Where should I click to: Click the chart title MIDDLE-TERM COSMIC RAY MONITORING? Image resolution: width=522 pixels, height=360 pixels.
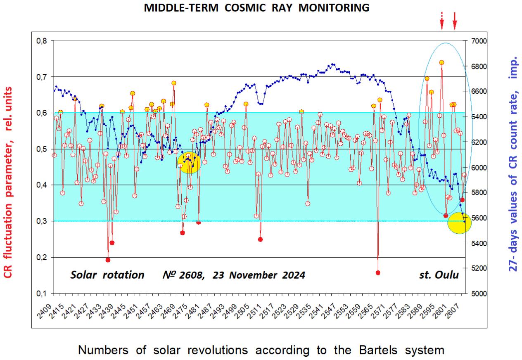click(256, 8)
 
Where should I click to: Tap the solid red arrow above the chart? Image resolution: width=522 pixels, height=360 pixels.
click(455, 21)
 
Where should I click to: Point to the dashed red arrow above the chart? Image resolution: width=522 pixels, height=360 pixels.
click(441, 21)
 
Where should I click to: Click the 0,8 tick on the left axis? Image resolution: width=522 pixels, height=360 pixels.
click(43, 41)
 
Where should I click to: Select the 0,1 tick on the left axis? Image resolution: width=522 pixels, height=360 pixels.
click(43, 294)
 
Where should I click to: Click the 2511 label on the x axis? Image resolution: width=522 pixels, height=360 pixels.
click(257, 306)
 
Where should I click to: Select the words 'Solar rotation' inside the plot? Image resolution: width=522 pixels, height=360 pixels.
click(107, 275)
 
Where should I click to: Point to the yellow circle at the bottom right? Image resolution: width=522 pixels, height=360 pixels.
click(459, 223)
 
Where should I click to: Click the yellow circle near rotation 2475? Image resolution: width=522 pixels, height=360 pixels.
click(190, 162)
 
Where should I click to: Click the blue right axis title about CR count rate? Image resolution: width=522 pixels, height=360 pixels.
click(513, 165)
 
